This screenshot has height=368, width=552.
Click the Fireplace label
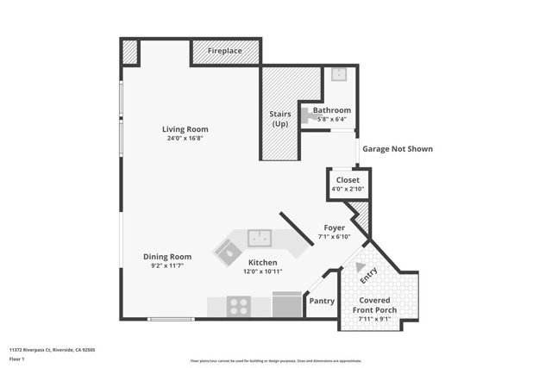pos(224,52)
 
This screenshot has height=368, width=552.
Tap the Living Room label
pos(185,129)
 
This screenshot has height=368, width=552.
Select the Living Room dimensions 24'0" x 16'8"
pos(185,139)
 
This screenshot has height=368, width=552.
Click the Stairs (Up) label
pos(280,118)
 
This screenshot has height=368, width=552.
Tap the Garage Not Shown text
pos(397,149)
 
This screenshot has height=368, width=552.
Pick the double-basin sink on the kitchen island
pos(260,237)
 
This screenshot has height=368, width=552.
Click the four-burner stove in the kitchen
pos(238,305)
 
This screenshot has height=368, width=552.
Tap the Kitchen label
pos(263,262)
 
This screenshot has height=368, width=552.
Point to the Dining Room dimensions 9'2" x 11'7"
pos(167,266)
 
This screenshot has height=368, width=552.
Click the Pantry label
pos(321,302)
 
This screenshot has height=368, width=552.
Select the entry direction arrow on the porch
pos(360,267)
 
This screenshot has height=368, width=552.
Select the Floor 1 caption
pos(16,359)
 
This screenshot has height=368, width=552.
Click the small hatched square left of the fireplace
pos(130,53)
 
